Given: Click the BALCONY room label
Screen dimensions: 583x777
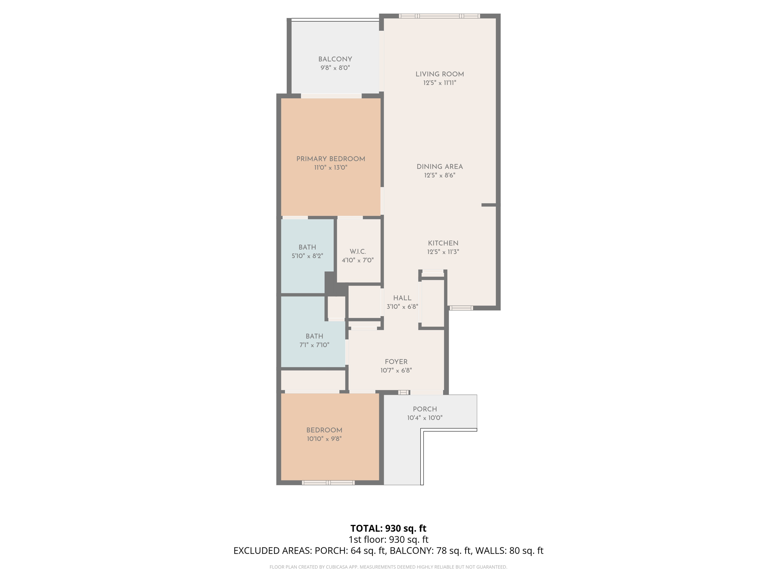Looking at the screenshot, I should point(335,59).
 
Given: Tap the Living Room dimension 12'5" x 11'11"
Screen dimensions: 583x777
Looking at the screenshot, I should point(439,83).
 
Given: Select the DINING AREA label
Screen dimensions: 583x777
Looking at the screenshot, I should point(439,167).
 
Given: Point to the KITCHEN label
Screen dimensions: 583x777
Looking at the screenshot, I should point(443,243).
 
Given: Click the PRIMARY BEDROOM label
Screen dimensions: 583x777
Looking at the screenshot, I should point(330,159).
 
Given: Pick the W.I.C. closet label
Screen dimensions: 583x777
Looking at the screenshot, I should point(357,252).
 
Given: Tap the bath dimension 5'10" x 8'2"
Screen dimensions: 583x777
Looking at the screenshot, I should point(307,256).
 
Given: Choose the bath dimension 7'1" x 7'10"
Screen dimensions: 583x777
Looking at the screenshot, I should point(314,345).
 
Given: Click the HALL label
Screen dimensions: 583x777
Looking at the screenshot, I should point(402,298).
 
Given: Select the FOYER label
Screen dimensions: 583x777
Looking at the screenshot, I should point(396,362).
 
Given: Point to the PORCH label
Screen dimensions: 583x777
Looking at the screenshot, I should point(425,409).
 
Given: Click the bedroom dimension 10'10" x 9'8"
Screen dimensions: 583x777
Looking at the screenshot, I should point(324,439).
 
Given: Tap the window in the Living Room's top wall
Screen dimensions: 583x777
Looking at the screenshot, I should point(439,16).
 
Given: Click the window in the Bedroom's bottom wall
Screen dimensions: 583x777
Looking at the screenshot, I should point(328,483).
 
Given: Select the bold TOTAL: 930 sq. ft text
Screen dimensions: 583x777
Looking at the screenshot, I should point(388,528).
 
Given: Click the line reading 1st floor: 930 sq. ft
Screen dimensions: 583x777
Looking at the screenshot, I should point(388,539).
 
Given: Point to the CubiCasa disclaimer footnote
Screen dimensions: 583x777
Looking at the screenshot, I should point(388,567).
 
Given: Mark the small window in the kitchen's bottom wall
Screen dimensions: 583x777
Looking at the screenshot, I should point(461,308).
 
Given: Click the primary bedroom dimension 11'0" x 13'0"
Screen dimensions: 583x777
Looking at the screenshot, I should point(330,168).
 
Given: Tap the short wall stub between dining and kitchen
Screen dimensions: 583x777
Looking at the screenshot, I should point(489,205).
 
